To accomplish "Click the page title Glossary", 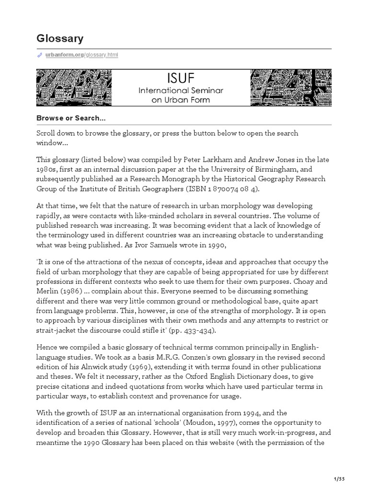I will point(60,38).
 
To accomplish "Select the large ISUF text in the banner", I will point(181,78).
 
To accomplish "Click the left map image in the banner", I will point(74,87).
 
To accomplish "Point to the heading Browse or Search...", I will point(70,118).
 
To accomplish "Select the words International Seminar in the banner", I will point(181,90).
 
